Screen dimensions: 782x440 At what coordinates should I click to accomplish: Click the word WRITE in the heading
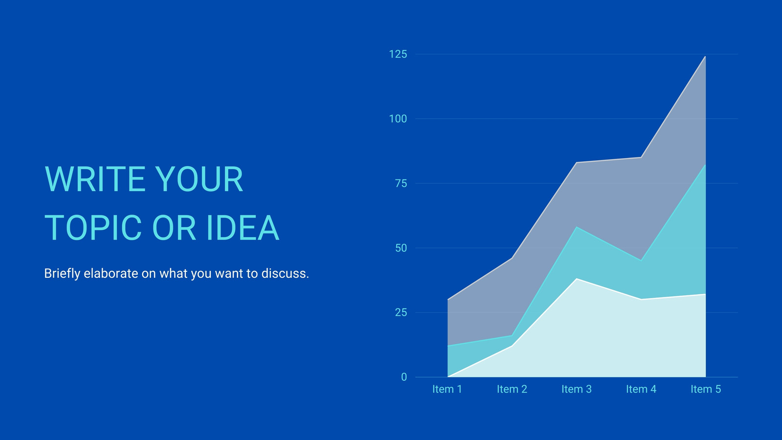tap(95, 179)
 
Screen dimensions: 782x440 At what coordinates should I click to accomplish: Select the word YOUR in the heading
tap(199, 179)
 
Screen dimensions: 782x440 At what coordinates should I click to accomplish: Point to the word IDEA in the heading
tap(242, 228)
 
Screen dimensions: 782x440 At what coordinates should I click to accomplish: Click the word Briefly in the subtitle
tap(62, 274)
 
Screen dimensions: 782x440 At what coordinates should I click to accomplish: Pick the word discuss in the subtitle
tap(285, 273)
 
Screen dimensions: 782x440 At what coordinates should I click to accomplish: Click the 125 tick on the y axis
tap(398, 54)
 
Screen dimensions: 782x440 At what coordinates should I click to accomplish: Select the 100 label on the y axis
tap(398, 119)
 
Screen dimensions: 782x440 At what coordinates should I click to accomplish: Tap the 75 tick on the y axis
tap(401, 183)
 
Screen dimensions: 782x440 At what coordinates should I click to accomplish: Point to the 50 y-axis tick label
tap(401, 248)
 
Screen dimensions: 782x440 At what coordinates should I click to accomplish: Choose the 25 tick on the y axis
tap(401, 312)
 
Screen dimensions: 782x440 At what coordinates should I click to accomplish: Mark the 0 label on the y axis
tap(404, 377)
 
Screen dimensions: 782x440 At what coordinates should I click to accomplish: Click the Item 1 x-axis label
tap(447, 389)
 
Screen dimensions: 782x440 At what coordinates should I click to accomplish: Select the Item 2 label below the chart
tap(512, 389)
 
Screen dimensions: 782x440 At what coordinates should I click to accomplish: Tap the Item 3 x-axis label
tap(576, 389)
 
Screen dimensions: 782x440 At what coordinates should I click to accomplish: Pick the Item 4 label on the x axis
tap(641, 389)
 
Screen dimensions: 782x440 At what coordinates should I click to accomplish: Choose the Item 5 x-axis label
tap(706, 389)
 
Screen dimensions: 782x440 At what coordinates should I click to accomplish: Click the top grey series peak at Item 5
tap(705, 57)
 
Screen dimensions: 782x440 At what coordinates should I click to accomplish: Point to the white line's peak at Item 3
tap(577, 279)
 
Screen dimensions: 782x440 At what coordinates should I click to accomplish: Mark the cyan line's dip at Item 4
tap(641, 261)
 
